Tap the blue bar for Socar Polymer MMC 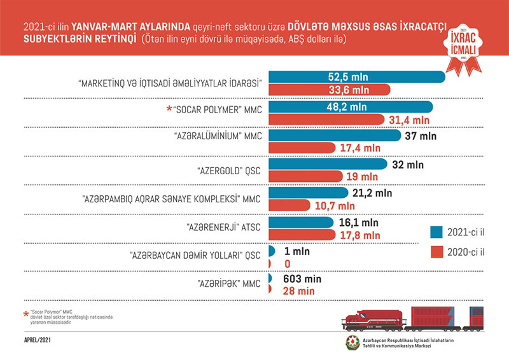click(x=350, y=107)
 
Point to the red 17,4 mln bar click(x=302, y=148)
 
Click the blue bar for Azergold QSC click(x=327, y=165)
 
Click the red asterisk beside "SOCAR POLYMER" click(x=169, y=109)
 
